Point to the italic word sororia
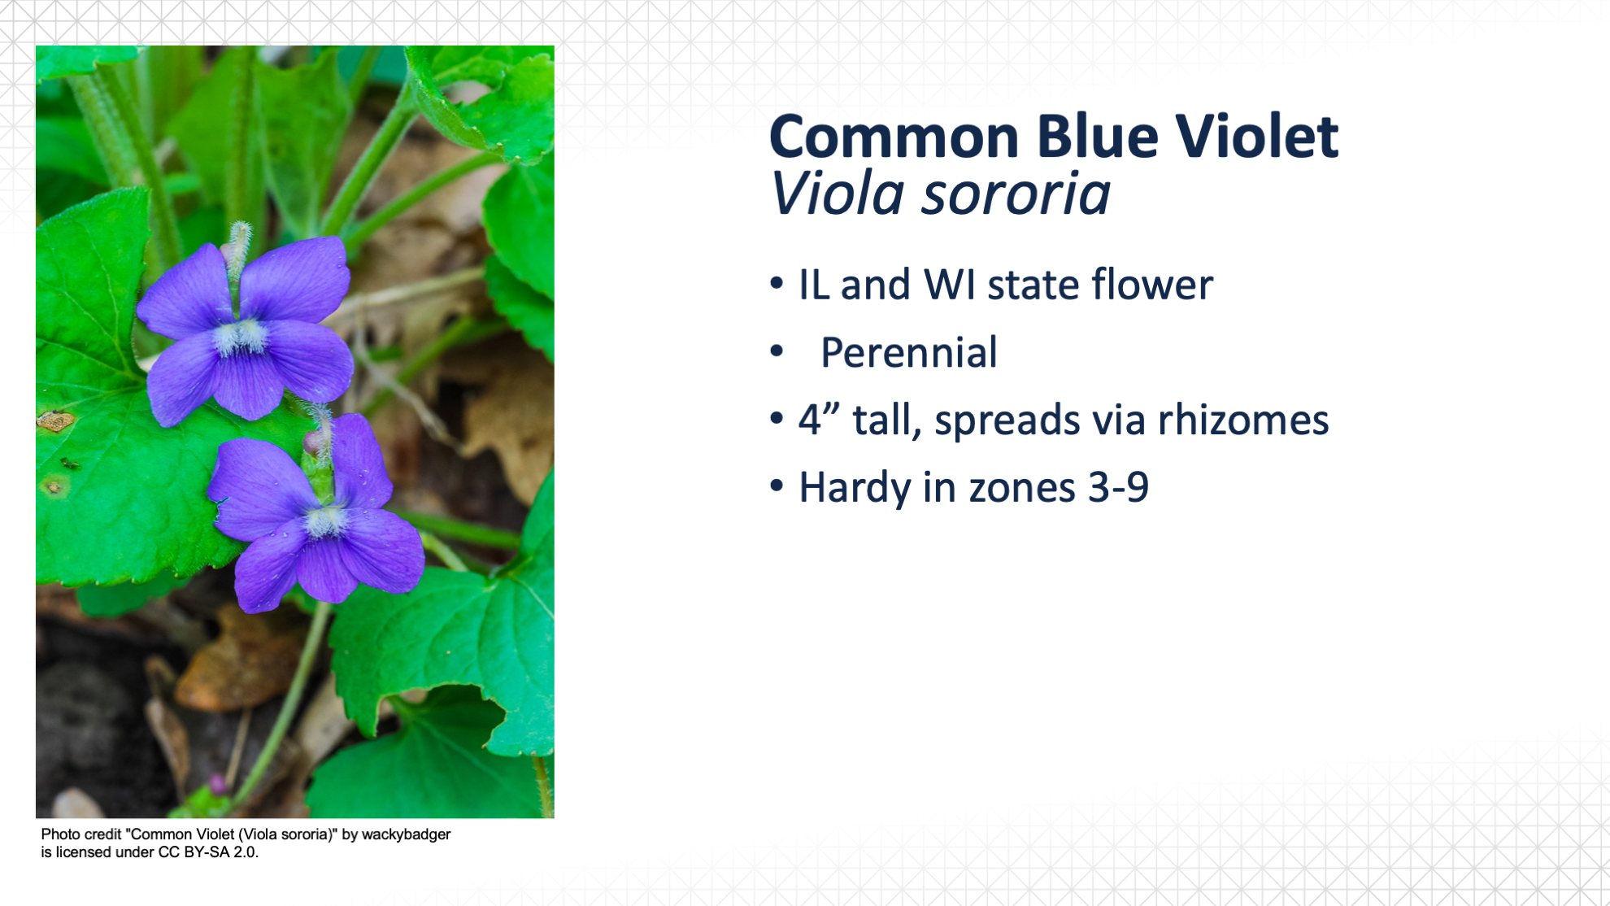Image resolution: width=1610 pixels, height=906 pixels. point(1016,196)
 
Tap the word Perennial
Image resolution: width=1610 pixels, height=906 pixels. point(908,352)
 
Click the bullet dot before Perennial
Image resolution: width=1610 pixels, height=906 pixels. point(777,351)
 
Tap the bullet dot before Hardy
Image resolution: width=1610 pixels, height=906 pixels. point(777,486)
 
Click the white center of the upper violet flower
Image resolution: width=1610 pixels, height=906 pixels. point(241,337)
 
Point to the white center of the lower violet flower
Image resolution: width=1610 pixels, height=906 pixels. point(326,521)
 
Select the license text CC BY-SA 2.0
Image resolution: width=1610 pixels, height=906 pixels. point(208,852)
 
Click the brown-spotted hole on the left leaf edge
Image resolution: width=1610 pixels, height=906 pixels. point(55,421)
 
